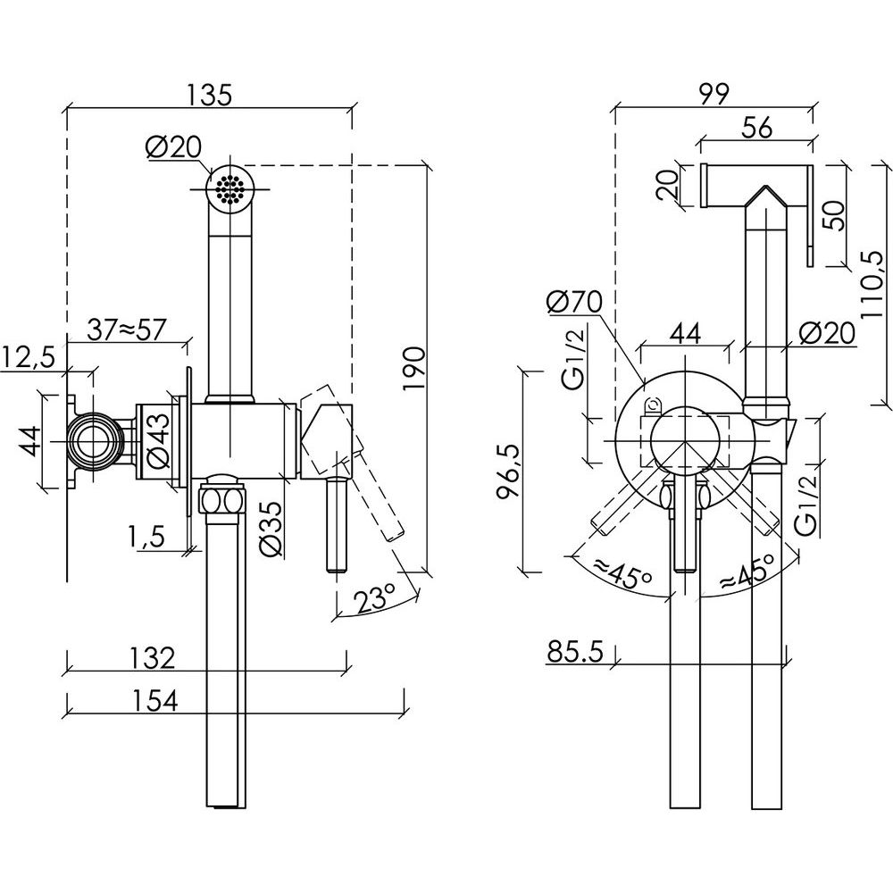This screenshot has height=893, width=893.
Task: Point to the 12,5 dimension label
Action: pyautogui.click(x=29, y=357)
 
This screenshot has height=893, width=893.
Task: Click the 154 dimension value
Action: pyautogui.click(x=153, y=701)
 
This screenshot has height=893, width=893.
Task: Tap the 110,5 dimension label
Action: pyautogui.click(x=877, y=282)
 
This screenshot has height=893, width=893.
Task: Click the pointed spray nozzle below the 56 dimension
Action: pyautogui.click(x=764, y=201)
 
